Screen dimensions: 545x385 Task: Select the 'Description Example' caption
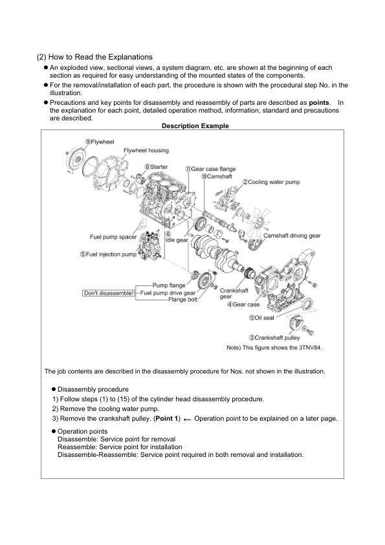[195, 126]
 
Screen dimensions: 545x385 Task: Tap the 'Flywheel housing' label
[146, 150]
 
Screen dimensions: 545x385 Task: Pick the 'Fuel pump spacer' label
[112, 236]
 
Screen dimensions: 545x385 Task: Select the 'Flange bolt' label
[182, 300]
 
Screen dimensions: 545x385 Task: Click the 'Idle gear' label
[177, 239]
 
